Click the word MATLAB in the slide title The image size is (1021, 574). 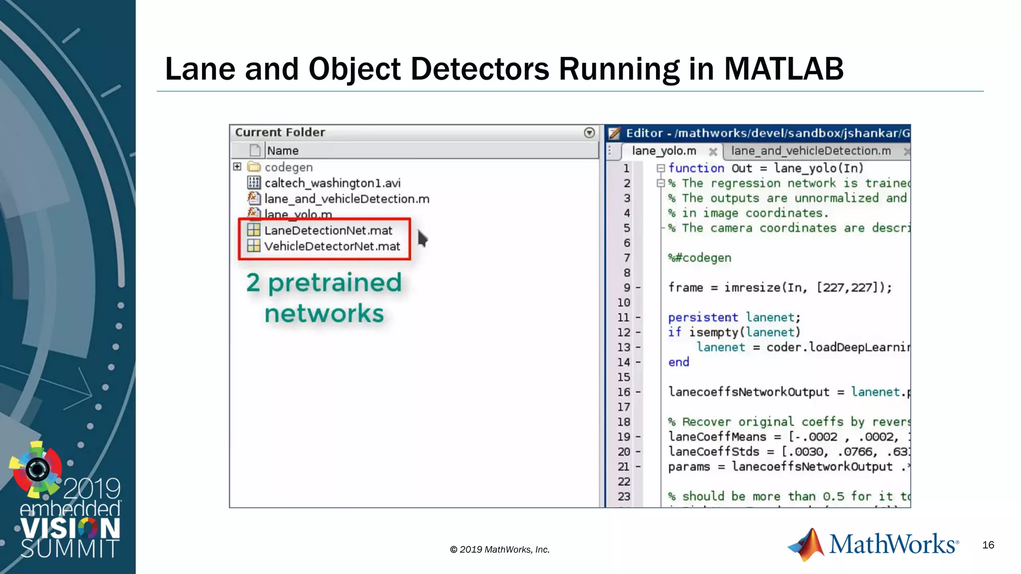coord(783,69)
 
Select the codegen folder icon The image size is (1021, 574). coord(254,167)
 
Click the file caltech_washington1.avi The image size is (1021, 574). coord(332,183)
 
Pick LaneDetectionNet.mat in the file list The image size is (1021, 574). coord(328,230)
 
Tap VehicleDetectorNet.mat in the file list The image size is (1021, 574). coord(332,246)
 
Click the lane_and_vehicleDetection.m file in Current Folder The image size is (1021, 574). coord(346,199)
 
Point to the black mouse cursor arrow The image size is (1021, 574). coord(422,238)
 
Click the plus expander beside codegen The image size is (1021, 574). coord(237,166)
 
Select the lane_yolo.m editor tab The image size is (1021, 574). coord(664,151)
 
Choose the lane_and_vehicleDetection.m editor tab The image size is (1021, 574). coord(811,151)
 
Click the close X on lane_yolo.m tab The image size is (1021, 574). coord(713,151)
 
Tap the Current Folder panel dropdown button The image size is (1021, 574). coord(589,133)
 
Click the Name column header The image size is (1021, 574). coord(283,150)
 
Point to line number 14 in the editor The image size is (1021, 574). coord(624,362)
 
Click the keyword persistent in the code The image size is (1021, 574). coord(702,317)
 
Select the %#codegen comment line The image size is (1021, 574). coord(699,258)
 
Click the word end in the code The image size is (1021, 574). coord(679,362)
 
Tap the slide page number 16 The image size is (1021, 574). coord(988,545)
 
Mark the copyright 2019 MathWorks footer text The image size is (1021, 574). coord(500,550)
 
